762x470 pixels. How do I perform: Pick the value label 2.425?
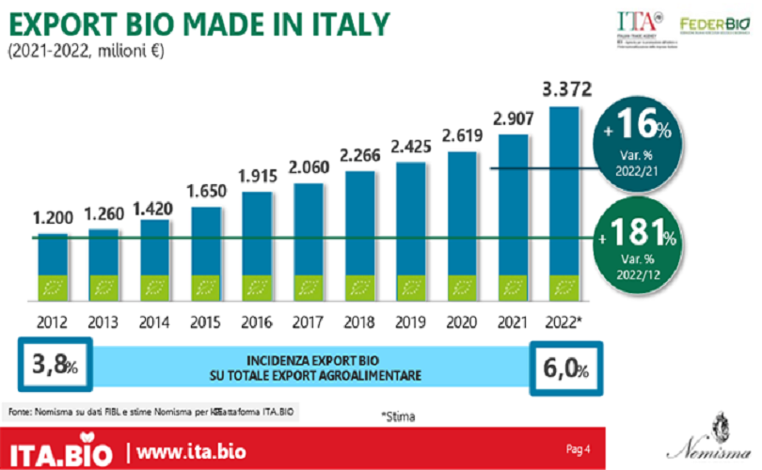pos(411,148)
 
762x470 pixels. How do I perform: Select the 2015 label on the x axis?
pos(206,320)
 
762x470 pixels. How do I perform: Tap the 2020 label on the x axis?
pos(462,320)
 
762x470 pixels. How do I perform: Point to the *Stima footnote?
pos(398,415)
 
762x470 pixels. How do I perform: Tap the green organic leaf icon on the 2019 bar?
pos(411,285)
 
